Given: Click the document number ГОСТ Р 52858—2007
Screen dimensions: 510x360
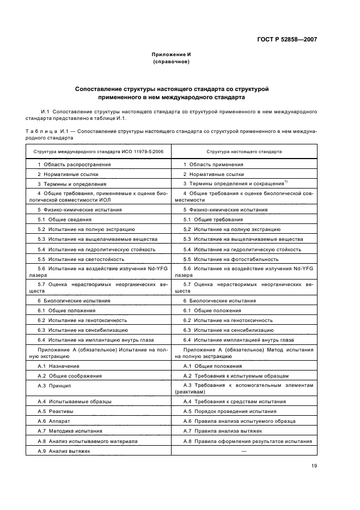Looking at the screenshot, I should (288, 39).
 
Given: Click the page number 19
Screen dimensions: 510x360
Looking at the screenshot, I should (314, 465).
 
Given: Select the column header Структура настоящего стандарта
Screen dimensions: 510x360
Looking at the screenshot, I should (243, 151).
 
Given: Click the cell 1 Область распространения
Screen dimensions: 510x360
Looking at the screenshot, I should (74, 164).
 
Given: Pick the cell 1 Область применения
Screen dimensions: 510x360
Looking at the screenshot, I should (213, 164).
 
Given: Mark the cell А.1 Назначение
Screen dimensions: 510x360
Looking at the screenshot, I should (58, 366).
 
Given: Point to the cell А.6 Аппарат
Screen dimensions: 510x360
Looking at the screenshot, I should (53, 421).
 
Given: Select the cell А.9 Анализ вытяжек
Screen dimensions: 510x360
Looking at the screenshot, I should (64, 451).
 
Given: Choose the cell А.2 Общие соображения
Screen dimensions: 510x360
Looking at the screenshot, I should (69, 376).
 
